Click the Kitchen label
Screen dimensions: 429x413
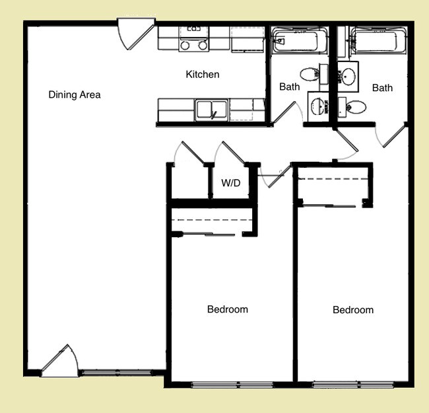(x=203, y=74)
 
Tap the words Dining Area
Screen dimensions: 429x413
(x=75, y=94)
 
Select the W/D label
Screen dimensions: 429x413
(x=230, y=182)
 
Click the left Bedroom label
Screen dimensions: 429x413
(x=228, y=309)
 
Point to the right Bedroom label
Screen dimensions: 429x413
(x=353, y=310)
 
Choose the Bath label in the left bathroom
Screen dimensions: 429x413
(x=290, y=87)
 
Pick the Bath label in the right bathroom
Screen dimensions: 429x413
(x=382, y=88)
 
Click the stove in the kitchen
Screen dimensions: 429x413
(x=193, y=39)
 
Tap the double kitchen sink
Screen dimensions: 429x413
(x=211, y=110)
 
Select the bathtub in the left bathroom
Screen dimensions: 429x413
(x=300, y=41)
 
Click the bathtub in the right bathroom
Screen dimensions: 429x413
(x=378, y=41)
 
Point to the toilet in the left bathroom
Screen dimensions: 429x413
(x=312, y=74)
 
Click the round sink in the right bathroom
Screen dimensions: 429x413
(x=348, y=77)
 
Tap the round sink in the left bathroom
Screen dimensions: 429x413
(x=318, y=106)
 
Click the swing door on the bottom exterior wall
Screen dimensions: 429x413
(x=59, y=360)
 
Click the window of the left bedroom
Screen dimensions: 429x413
(x=232, y=385)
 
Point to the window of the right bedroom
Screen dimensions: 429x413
(x=353, y=385)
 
